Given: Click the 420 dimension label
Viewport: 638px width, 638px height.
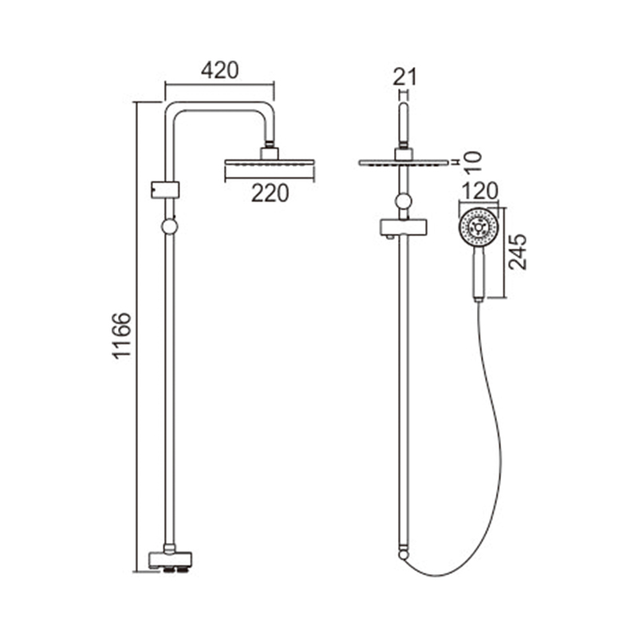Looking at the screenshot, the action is [220, 70].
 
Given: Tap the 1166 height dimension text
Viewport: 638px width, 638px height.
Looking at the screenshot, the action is [122, 335].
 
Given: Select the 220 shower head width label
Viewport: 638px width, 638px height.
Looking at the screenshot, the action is [270, 193].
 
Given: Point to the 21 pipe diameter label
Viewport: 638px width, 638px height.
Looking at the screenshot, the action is [405, 77].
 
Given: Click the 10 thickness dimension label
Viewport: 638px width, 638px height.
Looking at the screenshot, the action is [472, 161].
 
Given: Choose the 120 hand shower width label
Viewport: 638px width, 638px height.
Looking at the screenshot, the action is [478, 191].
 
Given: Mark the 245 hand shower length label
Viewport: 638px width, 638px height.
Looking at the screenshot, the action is [518, 252].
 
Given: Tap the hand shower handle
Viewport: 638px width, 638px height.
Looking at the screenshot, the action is [478, 274].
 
